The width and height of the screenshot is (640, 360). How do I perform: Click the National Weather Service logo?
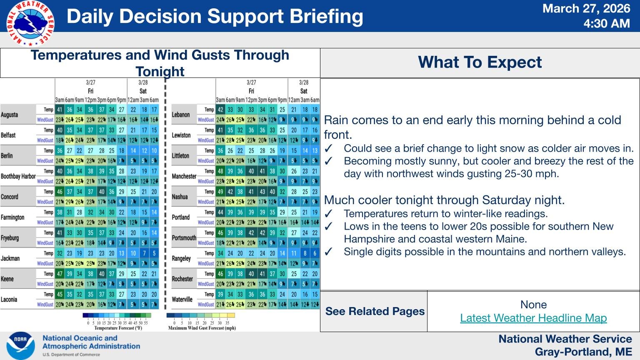(x=30, y=23)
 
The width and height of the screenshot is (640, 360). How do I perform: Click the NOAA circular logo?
(x=20, y=345)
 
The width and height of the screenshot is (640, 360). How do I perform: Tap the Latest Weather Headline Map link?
(x=533, y=318)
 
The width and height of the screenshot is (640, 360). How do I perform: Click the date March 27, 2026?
(x=586, y=9)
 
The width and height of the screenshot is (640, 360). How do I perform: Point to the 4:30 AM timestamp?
(x=606, y=24)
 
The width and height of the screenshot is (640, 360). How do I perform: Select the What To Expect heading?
(x=480, y=62)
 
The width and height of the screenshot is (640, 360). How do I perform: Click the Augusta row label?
(x=9, y=115)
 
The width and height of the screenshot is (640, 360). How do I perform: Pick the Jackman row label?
(x=10, y=258)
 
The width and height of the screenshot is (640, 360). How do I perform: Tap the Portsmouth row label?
(x=184, y=238)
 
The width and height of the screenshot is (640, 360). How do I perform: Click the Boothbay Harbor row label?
(x=18, y=176)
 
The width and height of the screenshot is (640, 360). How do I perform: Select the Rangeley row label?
(x=181, y=258)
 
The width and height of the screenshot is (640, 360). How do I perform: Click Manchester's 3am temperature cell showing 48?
(x=220, y=171)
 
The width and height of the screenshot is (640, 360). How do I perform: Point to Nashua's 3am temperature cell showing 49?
(x=220, y=192)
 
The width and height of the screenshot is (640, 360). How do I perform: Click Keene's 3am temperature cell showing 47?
(x=60, y=274)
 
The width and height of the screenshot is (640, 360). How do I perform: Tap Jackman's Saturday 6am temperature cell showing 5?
(x=154, y=253)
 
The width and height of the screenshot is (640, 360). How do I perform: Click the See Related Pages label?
(x=375, y=311)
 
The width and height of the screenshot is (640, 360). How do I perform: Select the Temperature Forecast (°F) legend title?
(x=118, y=328)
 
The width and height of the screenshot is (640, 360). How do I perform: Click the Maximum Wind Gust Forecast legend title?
(x=202, y=328)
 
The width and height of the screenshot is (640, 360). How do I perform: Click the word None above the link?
(x=533, y=305)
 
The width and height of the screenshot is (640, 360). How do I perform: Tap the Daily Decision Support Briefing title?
(x=215, y=17)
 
